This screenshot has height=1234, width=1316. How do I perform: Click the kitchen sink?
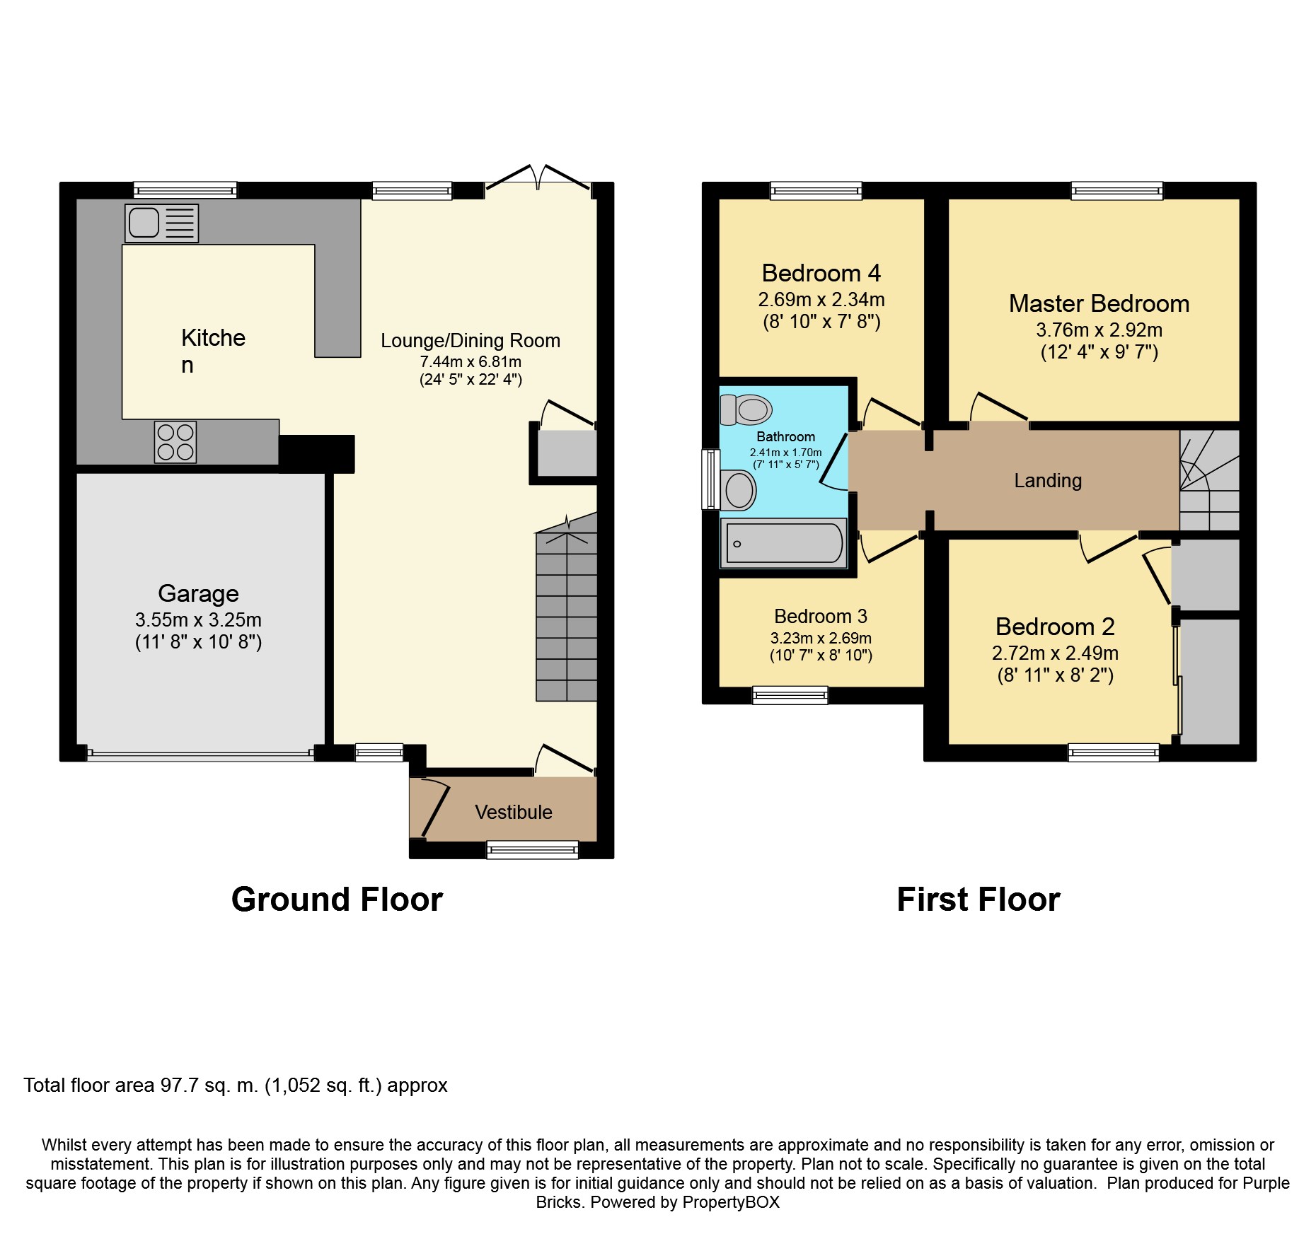161,223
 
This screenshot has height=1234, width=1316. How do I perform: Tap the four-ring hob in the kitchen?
175,442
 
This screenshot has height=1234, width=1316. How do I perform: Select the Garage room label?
198,593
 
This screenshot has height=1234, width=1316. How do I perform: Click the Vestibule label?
514,812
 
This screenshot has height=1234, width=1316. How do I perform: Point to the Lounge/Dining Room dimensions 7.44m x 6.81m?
471,361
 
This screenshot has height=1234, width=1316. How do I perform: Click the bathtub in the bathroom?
784,543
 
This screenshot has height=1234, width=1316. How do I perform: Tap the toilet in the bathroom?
746,409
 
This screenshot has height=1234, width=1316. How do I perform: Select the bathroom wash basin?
739,489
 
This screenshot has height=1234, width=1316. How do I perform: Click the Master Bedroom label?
1099,303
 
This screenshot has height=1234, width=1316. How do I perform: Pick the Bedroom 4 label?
821,273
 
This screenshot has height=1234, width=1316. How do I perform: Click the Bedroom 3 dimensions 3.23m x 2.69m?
821,638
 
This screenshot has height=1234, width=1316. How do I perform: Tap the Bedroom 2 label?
1055,627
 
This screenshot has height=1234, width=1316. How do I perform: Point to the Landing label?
1048,481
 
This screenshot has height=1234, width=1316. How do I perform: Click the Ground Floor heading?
337,900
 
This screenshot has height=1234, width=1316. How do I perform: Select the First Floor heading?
979,900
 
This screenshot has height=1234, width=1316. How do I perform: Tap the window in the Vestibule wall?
533,850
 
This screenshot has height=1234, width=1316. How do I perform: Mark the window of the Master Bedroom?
1117,190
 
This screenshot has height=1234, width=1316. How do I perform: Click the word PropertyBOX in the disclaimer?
731,1202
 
